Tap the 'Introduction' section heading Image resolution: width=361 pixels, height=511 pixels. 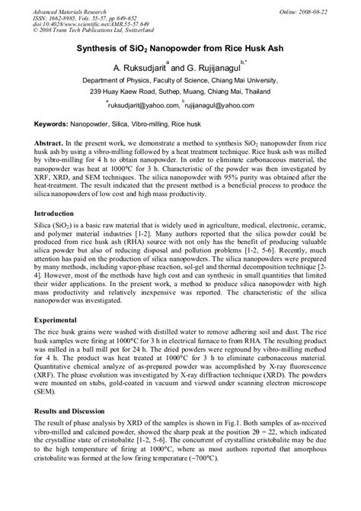[x=46, y=214]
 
